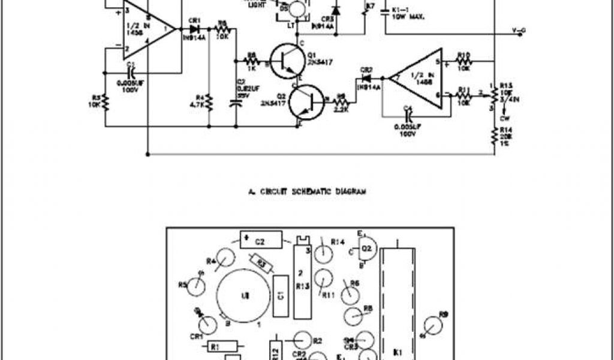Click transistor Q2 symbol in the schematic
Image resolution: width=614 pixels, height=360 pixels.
coord(304,103)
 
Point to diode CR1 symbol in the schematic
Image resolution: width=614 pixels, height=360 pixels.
coord(194,28)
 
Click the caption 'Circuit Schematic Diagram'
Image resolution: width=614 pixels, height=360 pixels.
coord(307,192)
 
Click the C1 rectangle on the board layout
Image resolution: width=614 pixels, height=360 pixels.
coord(280,296)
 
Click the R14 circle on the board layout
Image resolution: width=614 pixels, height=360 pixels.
coord(324,252)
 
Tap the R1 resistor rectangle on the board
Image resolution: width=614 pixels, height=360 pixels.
coord(227,346)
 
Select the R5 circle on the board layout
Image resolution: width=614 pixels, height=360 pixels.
coord(196,287)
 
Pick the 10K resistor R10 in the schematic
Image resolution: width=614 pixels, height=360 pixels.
coord(463,61)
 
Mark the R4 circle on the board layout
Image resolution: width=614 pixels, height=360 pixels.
coord(225,259)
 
